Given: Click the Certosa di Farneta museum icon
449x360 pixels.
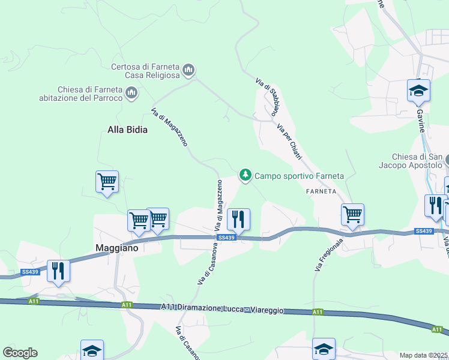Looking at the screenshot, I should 188,71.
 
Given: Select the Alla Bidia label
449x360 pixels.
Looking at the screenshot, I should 127,129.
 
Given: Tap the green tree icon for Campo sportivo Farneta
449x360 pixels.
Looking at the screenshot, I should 245,175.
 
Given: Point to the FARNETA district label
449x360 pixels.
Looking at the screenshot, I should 324,191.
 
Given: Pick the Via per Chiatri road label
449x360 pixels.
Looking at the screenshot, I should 289,141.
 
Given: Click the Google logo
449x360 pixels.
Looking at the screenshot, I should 20,352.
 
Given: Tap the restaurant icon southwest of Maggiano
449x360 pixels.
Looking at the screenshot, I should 58,271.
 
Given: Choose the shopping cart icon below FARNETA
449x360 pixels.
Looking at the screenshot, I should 352,214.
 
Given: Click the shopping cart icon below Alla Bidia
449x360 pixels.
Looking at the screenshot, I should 107,181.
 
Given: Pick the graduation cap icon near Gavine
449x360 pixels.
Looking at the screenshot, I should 418,91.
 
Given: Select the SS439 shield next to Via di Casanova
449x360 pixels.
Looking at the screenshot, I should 226,238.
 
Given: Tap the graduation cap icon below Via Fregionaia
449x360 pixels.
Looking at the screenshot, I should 324,349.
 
